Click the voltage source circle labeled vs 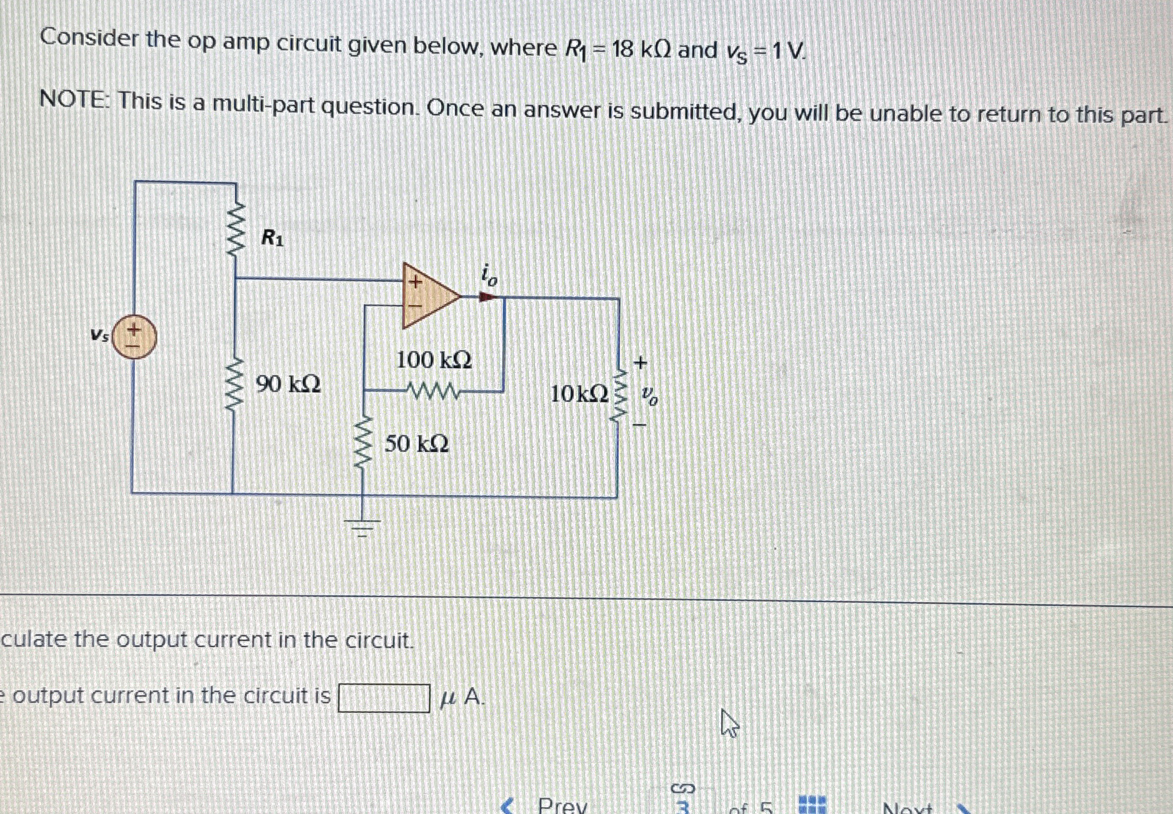(x=134, y=338)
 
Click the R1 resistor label (x=272, y=238)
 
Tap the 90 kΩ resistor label (x=288, y=384)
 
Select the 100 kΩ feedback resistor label (x=434, y=360)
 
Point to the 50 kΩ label (x=416, y=444)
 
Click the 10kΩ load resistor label (x=579, y=394)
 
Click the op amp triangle (x=427, y=296)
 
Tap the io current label (x=489, y=275)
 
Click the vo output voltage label (x=650, y=395)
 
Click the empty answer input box (x=384, y=698)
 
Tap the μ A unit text (x=461, y=696)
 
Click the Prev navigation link (x=561, y=805)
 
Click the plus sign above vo (x=641, y=362)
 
